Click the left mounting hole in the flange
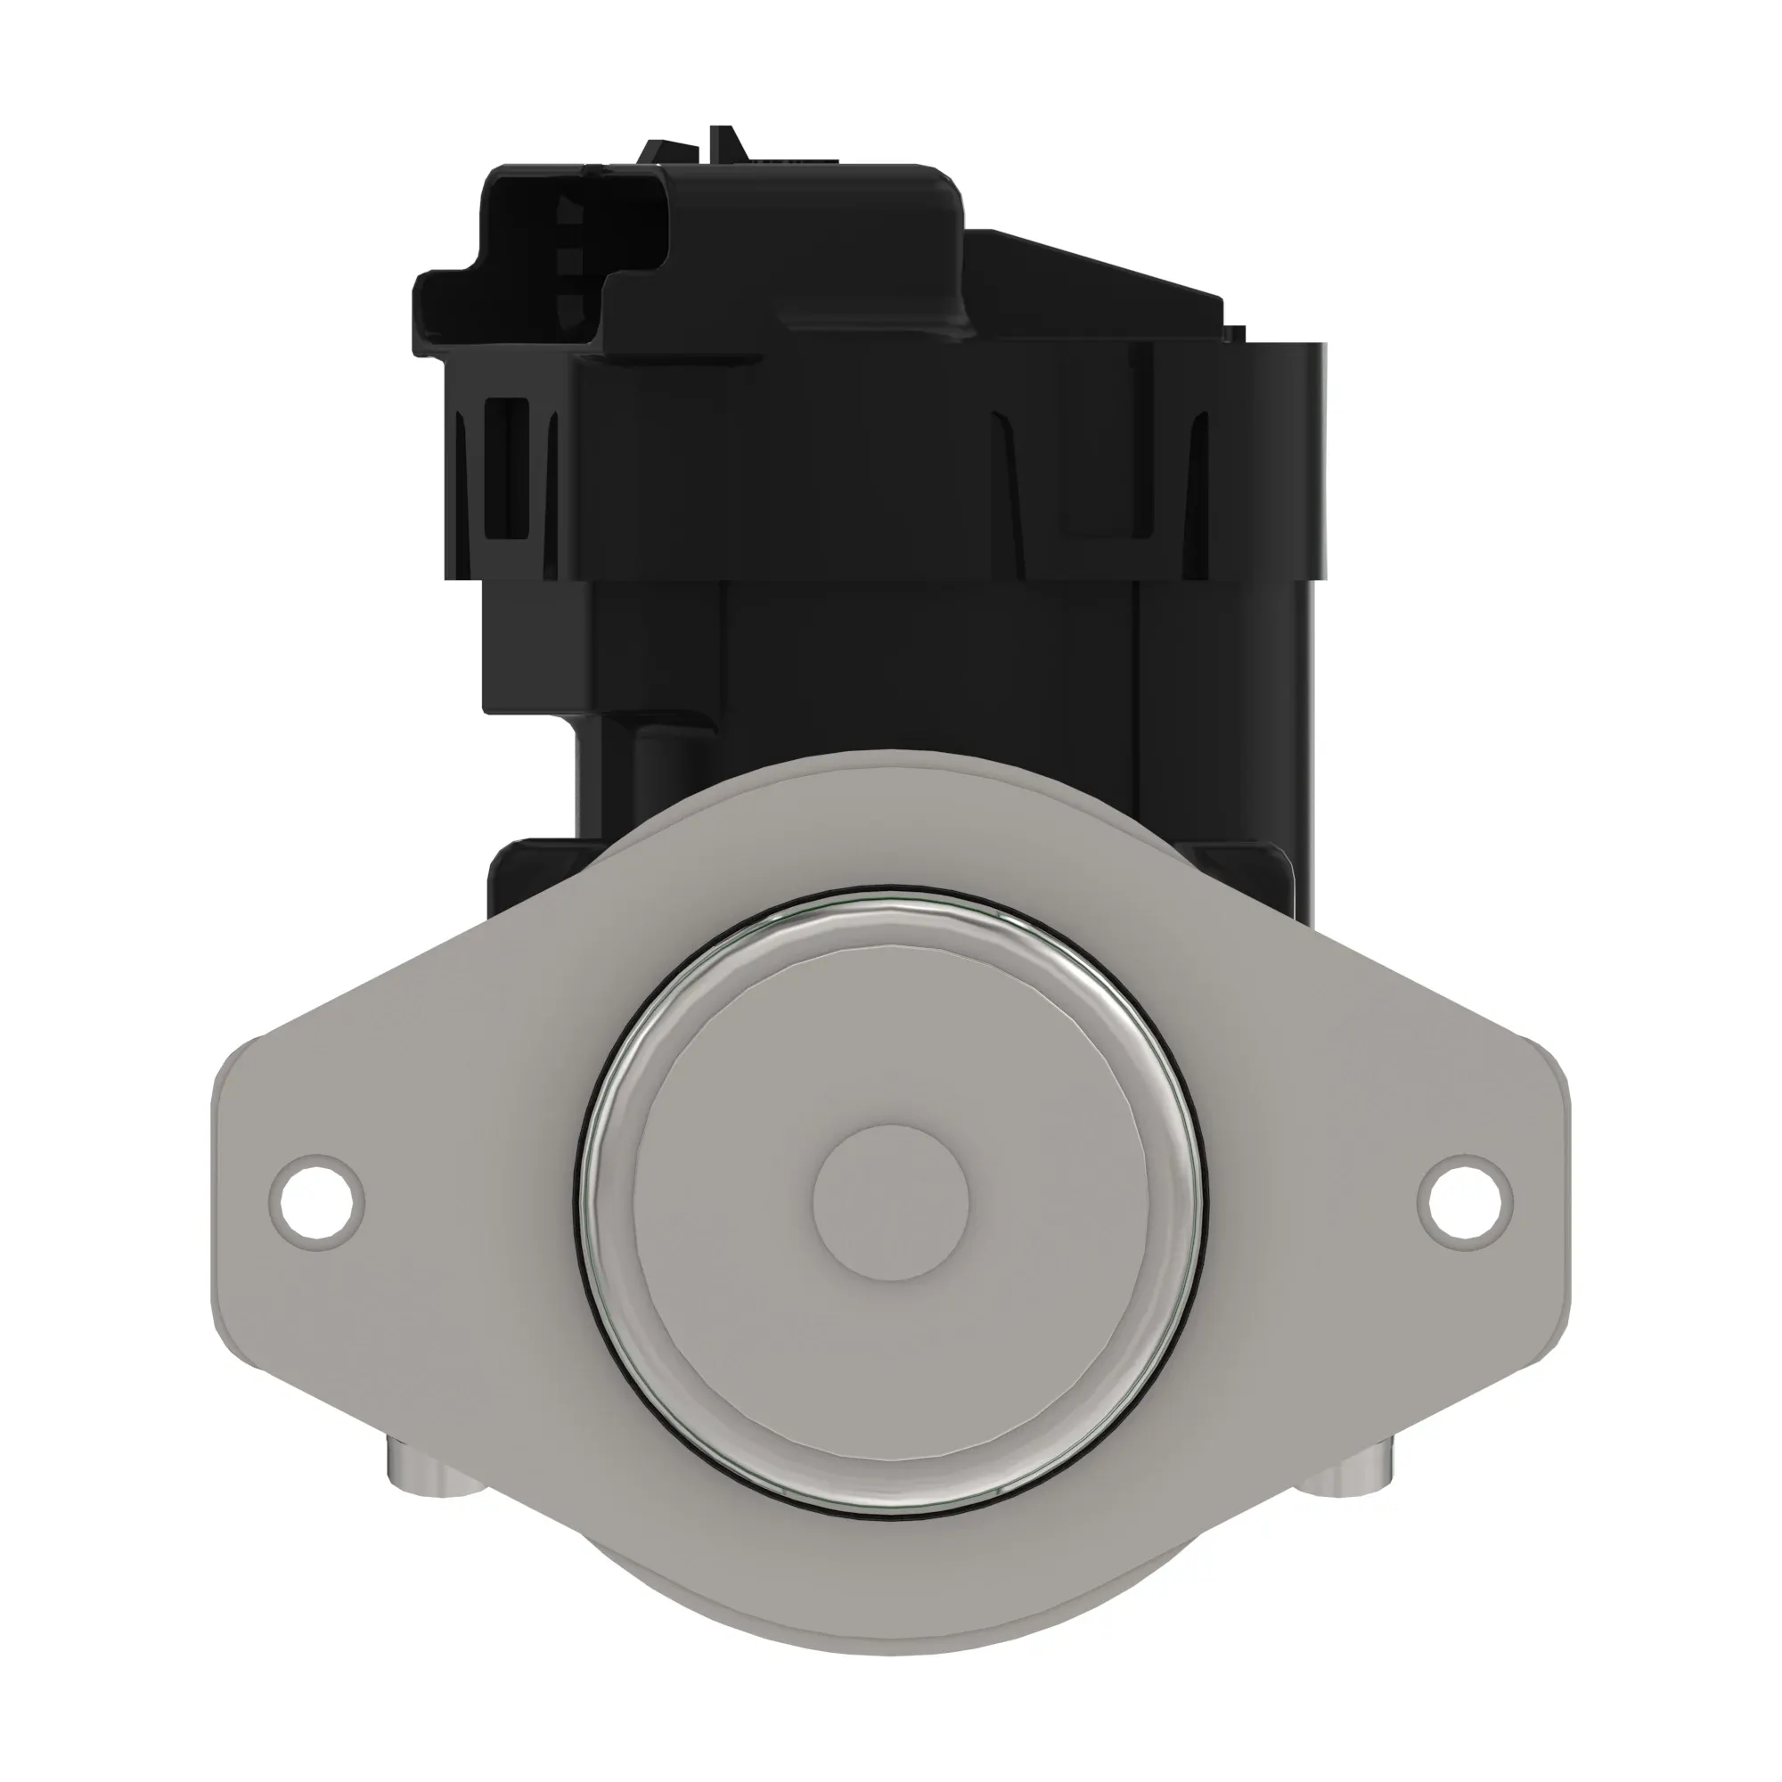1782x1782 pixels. click(x=316, y=1202)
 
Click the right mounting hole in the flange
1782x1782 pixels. click(x=1465, y=1202)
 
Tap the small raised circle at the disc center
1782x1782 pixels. click(x=891, y=1202)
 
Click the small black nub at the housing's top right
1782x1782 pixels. click(x=1235, y=333)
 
